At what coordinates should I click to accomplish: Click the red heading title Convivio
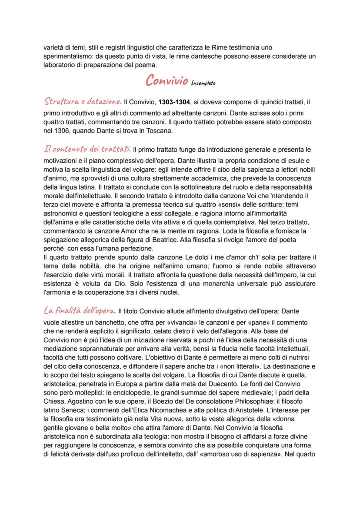coord(167,81)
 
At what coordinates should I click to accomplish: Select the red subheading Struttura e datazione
coord(83,102)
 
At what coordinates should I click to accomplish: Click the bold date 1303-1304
coord(173,103)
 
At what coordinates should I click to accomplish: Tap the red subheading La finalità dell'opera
coord(80,311)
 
